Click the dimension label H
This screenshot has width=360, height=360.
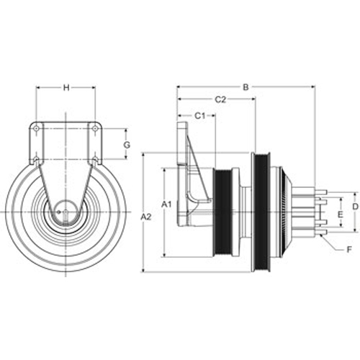point(66,88)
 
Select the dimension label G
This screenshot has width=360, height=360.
point(127,145)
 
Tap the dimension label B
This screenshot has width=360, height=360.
point(246,87)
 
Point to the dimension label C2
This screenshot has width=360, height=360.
point(220,99)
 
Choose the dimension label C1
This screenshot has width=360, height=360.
point(199,116)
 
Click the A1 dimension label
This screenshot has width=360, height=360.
point(166,204)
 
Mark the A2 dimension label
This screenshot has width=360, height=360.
point(146,217)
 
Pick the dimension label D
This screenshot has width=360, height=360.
point(355,206)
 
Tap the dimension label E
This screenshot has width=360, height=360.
point(340,215)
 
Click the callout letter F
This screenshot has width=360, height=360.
point(349,250)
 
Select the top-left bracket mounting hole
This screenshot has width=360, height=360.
point(36,129)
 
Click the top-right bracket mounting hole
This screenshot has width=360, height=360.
point(95,129)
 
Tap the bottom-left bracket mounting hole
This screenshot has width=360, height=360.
point(36,159)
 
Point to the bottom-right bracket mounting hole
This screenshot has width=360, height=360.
point(95,159)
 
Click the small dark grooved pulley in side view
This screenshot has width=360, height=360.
point(222,212)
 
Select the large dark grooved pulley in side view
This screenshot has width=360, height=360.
point(261,212)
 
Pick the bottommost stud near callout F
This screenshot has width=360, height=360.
point(320,232)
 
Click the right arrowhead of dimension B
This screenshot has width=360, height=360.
point(312,87)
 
